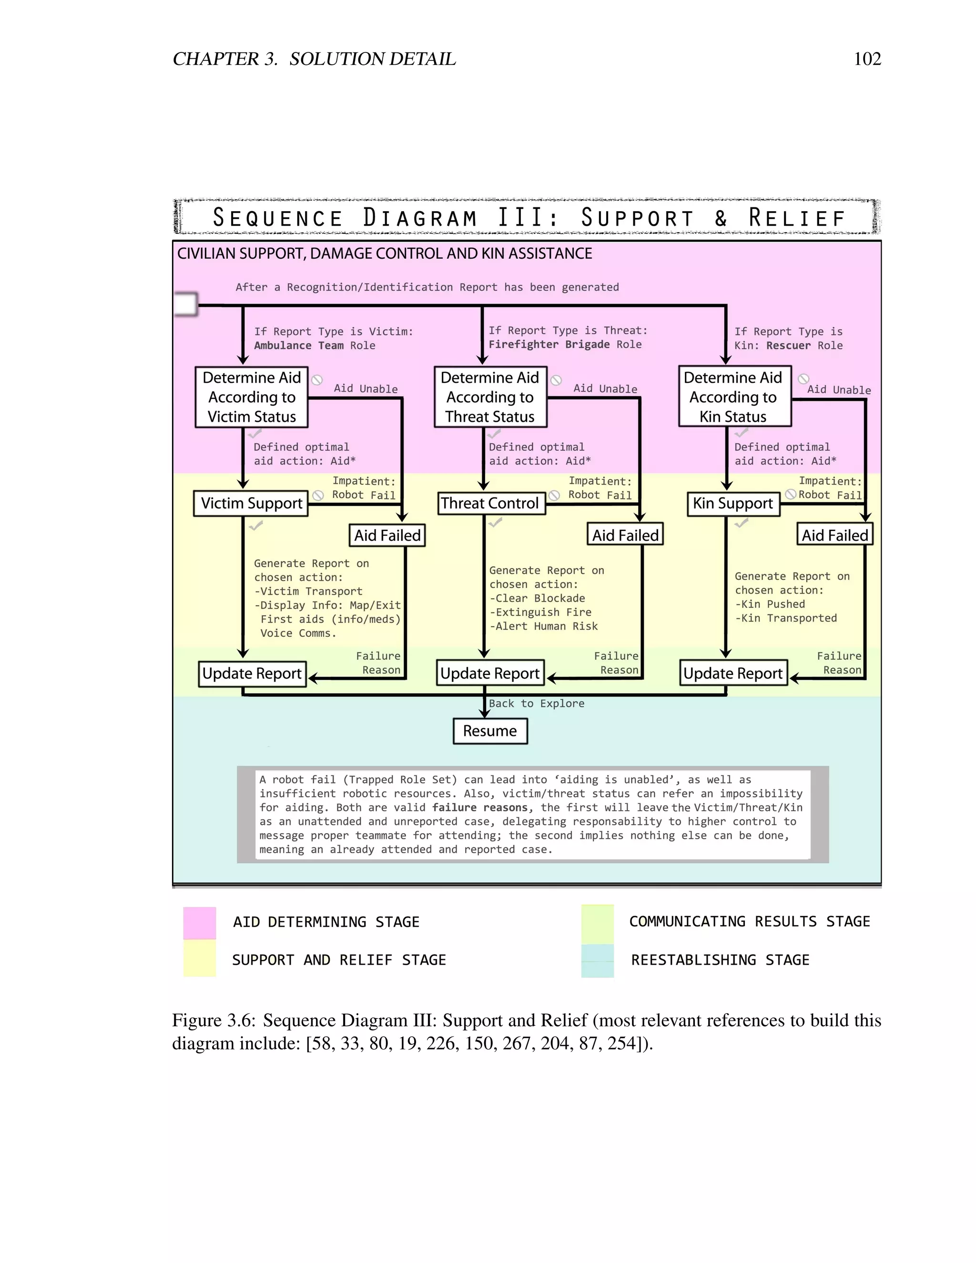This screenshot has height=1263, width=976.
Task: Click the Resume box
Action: coord(490,731)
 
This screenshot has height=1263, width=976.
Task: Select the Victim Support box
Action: coord(251,503)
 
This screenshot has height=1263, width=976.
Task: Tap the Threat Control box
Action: coord(490,503)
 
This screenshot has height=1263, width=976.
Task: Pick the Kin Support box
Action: coord(732,504)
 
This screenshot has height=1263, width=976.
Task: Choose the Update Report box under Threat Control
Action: coord(490,673)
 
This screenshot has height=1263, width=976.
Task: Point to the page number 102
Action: coord(867,59)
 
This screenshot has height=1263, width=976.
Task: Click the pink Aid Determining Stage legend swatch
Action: coord(200,922)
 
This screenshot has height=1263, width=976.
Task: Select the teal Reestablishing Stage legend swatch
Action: coord(597,960)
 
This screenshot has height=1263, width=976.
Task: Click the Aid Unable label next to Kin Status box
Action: coord(838,390)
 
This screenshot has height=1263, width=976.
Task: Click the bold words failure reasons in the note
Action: coord(479,808)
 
